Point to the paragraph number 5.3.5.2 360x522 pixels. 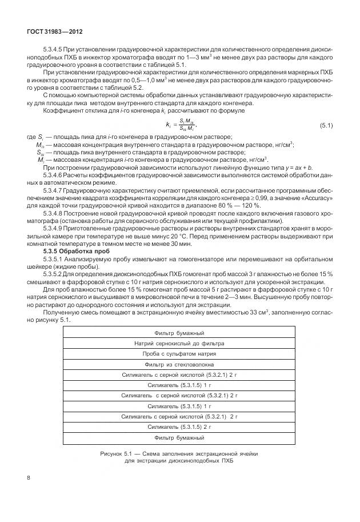(x=53, y=274)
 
